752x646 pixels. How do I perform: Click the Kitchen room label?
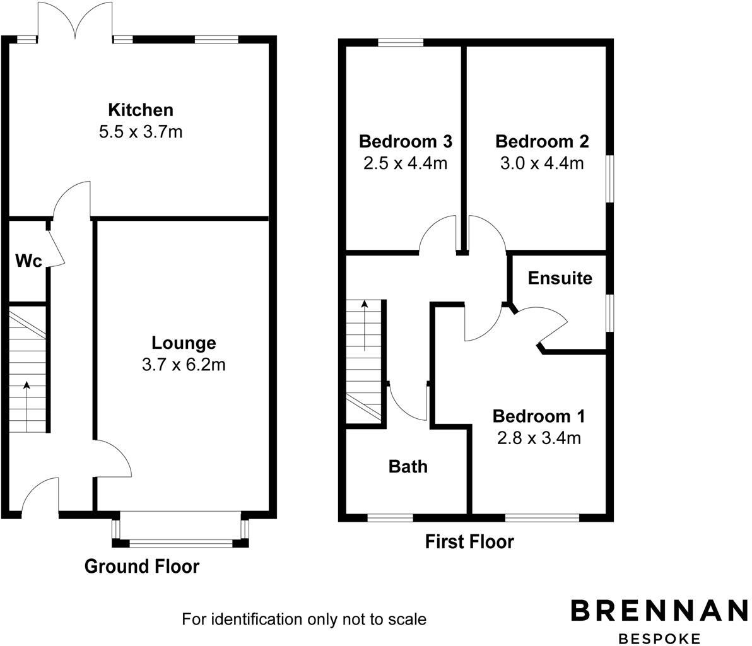point(140,110)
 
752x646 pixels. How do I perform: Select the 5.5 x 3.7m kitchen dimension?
point(140,132)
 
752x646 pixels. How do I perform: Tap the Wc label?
point(28,261)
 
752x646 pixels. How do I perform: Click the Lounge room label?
point(184,343)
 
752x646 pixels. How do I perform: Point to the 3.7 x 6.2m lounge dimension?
point(184,365)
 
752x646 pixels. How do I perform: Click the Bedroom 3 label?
point(405,141)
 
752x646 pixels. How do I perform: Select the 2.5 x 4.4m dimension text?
point(405,163)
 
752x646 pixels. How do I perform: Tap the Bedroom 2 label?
point(542,141)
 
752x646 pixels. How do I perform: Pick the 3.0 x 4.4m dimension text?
point(542,163)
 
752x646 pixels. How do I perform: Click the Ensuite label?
point(560,278)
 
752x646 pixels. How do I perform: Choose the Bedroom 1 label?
point(539,416)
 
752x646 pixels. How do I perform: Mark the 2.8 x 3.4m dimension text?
point(539,438)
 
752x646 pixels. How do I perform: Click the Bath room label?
point(408,466)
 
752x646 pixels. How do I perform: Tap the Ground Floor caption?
point(142,567)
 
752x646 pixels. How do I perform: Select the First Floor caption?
point(469,541)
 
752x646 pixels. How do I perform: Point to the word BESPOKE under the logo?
point(659,638)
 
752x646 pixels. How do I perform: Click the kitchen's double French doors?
point(76,22)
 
